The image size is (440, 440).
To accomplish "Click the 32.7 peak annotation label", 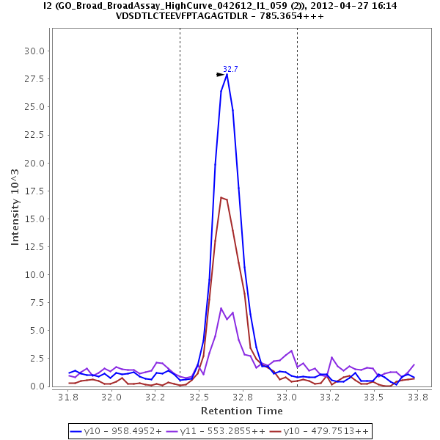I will [x=230, y=69].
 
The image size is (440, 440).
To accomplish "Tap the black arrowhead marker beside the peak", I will [x=220, y=74].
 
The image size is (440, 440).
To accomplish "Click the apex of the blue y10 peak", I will [x=227, y=74].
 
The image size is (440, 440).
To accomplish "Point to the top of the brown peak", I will [x=221, y=197].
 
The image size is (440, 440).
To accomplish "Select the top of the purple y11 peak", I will [x=221, y=308].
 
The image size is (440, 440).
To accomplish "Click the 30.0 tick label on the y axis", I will [x=34, y=51].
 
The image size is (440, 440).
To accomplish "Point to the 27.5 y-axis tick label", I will [x=34, y=78].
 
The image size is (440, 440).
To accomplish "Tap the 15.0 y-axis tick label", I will [x=34, y=219].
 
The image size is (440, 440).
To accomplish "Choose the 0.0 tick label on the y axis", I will [x=37, y=386].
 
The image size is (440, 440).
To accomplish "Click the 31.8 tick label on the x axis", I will [x=68, y=397].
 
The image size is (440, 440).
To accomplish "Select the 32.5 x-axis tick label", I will [x=199, y=397].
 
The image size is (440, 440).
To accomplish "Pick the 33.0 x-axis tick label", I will [x=286, y=397].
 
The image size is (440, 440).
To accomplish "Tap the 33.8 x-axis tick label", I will [x=417, y=397].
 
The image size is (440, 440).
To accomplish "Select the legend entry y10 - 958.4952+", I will [x=117, y=431].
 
